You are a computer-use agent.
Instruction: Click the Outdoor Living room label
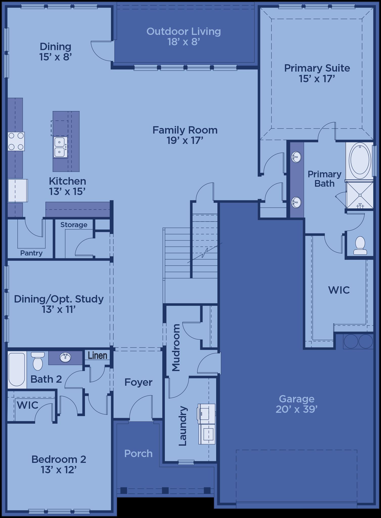point(184,32)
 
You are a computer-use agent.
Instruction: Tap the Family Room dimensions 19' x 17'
point(185,141)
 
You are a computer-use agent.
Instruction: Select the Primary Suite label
point(317,68)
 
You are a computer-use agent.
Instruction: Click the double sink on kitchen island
point(60,147)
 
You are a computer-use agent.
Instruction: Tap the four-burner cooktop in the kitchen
point(16,141)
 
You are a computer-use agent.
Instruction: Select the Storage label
point(74,225)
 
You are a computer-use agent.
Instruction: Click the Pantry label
point(31,253)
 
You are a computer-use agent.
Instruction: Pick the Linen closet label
point(98,356)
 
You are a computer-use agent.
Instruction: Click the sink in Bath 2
point(65,357)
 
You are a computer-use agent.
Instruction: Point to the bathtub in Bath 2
point(17,370)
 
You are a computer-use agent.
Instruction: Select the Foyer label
point(139,382)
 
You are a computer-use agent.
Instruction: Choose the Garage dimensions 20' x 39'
point(297,409)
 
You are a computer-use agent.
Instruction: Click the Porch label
point(139,454)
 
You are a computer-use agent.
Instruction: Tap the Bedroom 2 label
point(59,459)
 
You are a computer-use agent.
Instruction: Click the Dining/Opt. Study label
point(59,299)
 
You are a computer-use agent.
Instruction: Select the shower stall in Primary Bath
point(360,195)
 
